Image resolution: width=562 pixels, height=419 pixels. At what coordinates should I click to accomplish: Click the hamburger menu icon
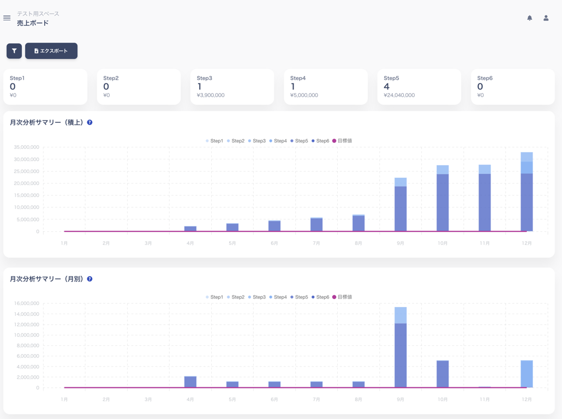point(7,18)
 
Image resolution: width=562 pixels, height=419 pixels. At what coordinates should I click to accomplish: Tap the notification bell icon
point(529,18)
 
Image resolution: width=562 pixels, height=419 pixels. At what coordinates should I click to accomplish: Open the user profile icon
point(546,18)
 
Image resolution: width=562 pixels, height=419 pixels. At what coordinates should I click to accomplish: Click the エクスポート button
point(51,51)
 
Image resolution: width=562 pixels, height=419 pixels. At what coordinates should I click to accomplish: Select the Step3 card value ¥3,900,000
point(211,95)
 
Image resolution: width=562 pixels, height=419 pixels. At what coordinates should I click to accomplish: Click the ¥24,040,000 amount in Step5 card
point(399,95)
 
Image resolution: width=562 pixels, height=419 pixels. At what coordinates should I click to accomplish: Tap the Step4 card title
point(298,78)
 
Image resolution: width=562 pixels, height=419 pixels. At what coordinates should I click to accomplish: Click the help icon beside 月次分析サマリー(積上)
point(90,123)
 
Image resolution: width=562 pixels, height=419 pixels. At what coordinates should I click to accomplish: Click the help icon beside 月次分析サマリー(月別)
point(90,279)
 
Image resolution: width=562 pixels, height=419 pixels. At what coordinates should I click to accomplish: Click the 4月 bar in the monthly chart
point(190,382)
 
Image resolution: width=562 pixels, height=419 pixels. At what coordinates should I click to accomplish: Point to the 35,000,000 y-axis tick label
point(27,147)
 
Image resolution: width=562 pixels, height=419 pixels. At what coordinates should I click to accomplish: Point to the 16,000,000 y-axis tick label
point(27,303)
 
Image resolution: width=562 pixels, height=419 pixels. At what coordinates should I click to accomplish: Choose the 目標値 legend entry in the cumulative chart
point(342,141)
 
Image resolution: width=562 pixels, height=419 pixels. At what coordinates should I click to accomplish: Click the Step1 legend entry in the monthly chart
point(214,297)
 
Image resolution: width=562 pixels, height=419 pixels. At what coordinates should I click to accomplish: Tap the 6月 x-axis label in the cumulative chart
point(274,243)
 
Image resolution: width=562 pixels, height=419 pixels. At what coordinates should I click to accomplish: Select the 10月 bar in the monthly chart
point(443,374)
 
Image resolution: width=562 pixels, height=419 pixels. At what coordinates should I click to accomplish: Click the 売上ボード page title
point(33,23)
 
